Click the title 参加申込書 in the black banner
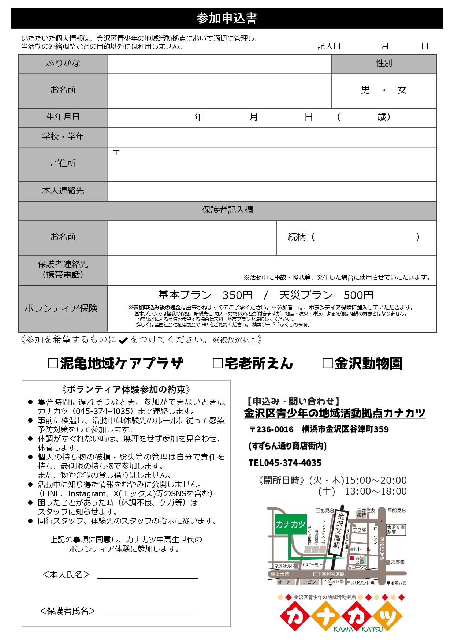(x=227, y=18)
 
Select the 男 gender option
(x=365, y=90)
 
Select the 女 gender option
(x=402, y=90)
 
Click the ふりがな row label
(x=63, y=63)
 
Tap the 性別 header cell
(x=384, y=63)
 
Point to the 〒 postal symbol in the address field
(x=116, y=152)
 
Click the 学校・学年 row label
(x=63, y=136)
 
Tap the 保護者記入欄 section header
(x=227, y=210)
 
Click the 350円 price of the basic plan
(x=237, y=295)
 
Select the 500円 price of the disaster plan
(x=358, y=295)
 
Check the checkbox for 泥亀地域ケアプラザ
(x=53, y=364)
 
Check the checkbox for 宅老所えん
(x=217, y=364)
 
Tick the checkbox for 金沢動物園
(x=327, y=364)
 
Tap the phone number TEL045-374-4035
(x=285, y=463)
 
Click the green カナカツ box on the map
(x=290, y=524)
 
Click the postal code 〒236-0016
(x=271, y=429)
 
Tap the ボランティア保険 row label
(x=61, y=308)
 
